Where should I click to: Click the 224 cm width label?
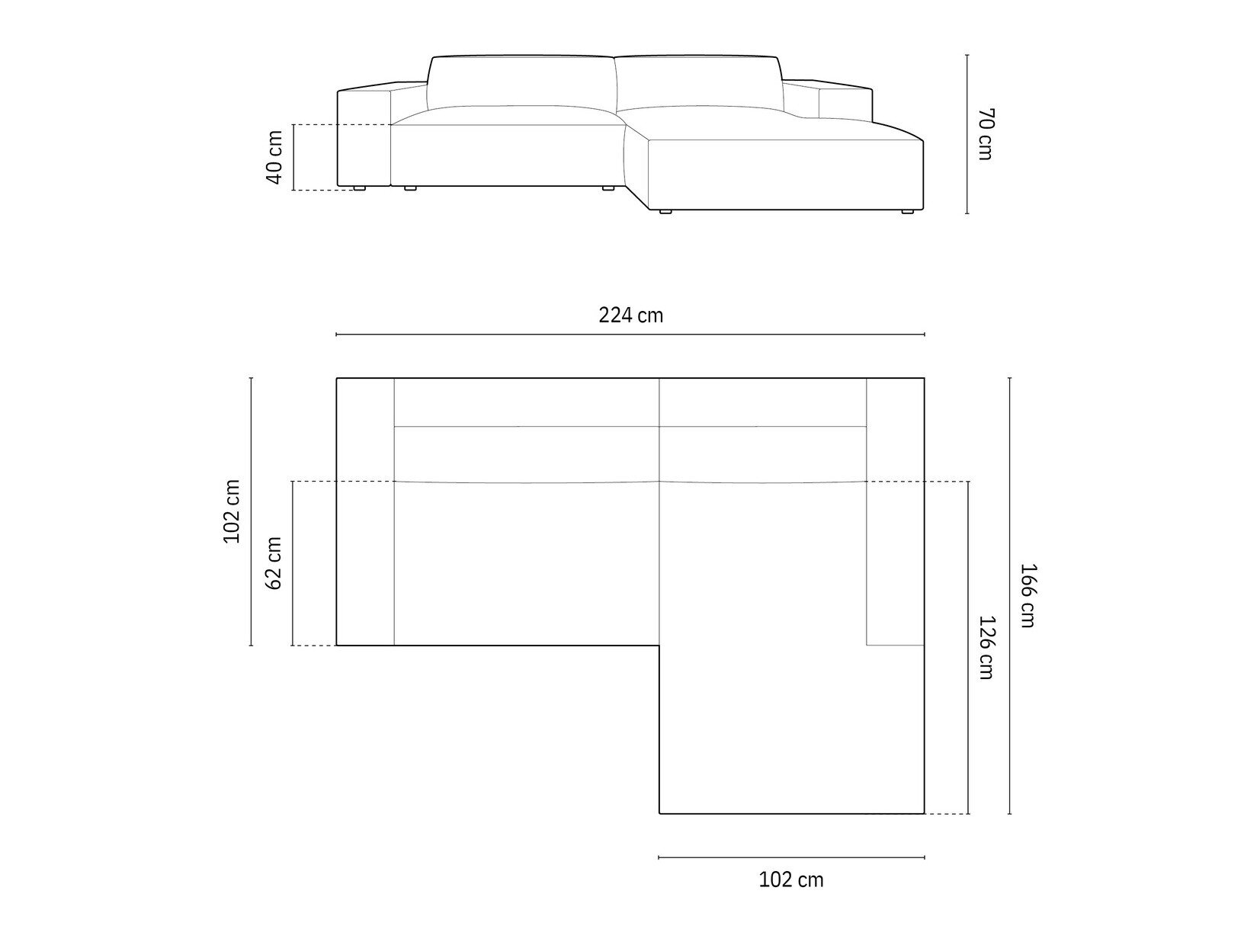coord(631,316)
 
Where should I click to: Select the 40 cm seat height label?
coord(274,157)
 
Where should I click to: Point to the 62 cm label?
coord(274,563)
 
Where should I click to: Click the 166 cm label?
coord(1028,595)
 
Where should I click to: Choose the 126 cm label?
coord(986,647)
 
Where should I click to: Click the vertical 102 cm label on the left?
coord(231,511)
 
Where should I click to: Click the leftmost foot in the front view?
coord(359,187)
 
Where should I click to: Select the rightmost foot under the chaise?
coord(908,212)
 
